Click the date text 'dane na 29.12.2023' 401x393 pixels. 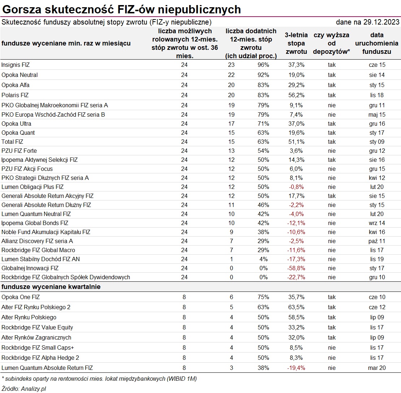tap(367, 22)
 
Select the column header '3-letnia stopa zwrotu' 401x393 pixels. tap(296, 44)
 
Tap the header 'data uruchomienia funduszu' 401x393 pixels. tap(377, 44)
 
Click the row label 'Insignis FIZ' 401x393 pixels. tap(16, 65)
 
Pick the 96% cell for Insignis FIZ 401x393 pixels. tap(263, 65)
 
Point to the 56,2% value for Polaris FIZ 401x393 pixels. tap(296, 95)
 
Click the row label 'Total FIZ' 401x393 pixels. tap(12, 142)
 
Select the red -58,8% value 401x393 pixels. tap(296, 268)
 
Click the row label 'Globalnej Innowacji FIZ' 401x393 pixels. tap(30, 268)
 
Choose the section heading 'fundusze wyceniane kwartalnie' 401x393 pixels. tap(51, 287)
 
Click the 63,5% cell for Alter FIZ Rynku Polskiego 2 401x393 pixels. tap(296, 307)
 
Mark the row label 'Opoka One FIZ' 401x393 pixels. tap(21, 297)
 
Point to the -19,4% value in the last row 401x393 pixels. tap(296, 368)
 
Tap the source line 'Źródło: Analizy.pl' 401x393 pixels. tap(24, 389)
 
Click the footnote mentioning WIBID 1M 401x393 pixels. tap(99, 379)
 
